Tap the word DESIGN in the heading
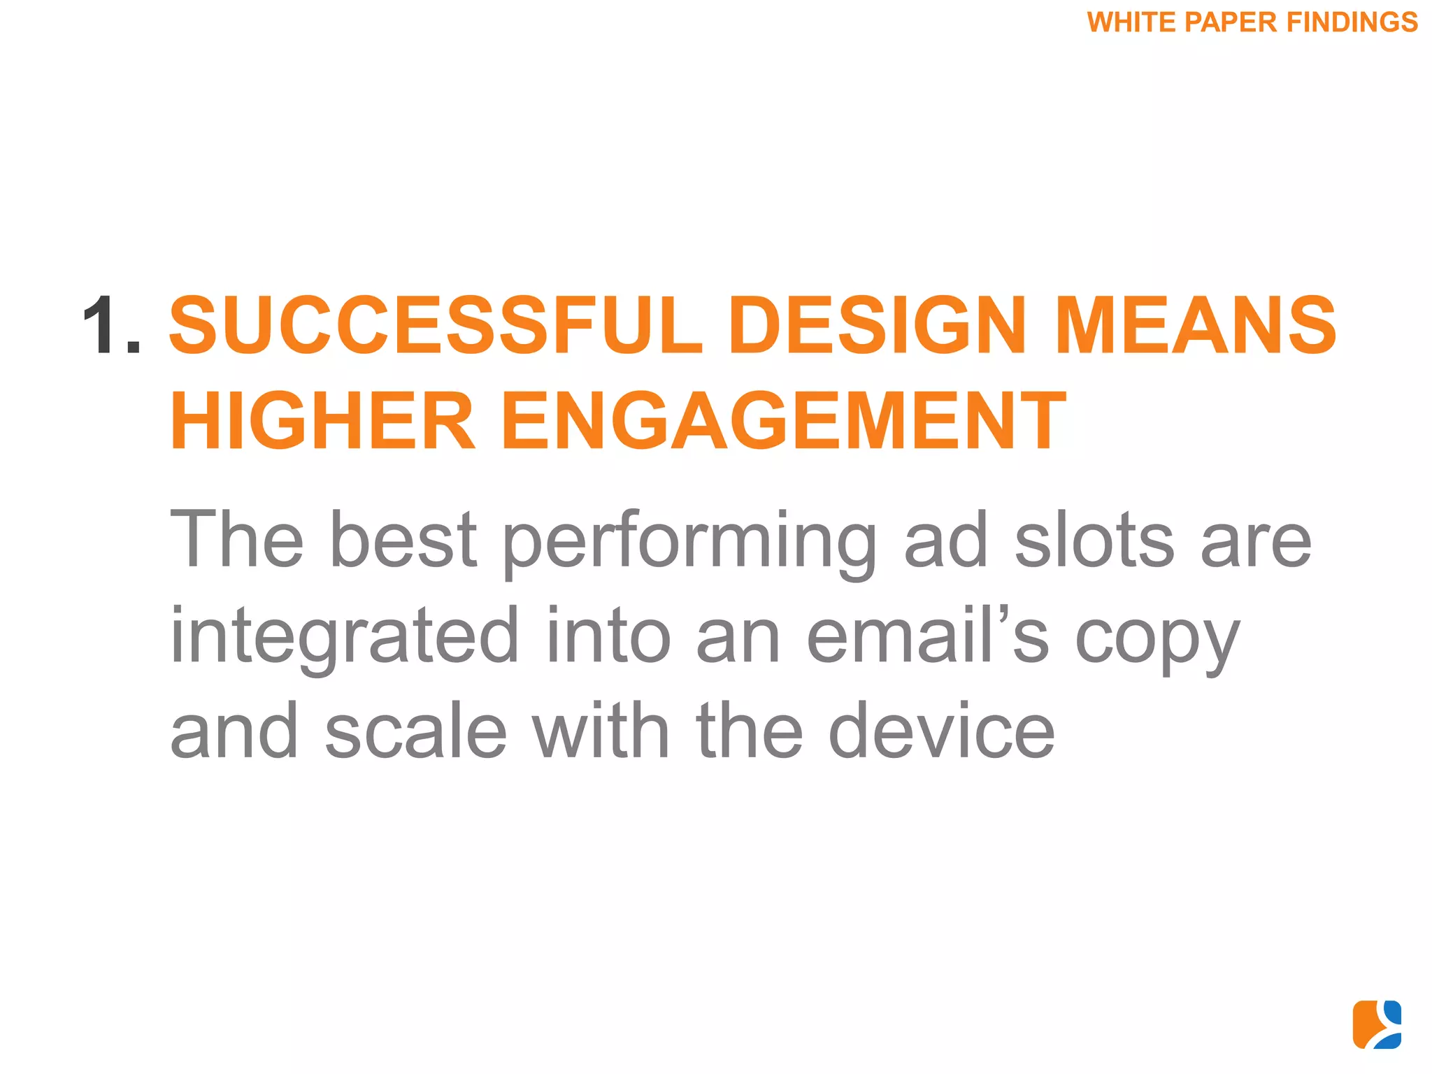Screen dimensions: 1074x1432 pos(878,325)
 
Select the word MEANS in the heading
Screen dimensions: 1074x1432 pos(1195,325)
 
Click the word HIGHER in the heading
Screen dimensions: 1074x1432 pos(322,421)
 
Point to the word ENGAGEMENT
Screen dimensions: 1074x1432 pos(784,421)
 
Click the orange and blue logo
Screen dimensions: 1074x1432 pos(1377,1024)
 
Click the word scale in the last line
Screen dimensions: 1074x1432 pos(415,731)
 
